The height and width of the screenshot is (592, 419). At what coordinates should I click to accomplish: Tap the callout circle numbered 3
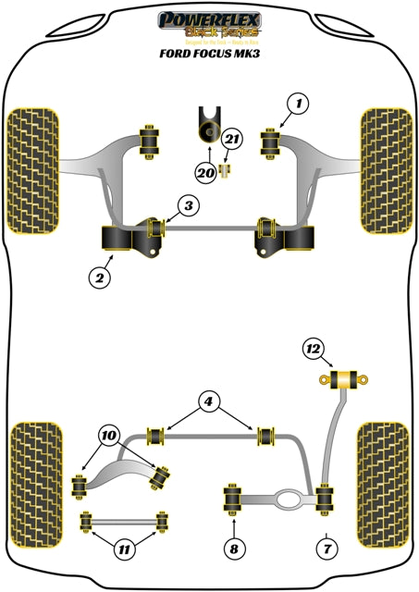click(x=188, y=206)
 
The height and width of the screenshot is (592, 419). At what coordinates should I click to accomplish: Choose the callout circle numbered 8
click(x=233, y=549)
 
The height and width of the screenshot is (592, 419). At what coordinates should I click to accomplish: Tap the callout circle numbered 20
click(x=203, y=171)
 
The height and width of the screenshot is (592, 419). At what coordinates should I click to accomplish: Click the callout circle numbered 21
click(x=232, y=141)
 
